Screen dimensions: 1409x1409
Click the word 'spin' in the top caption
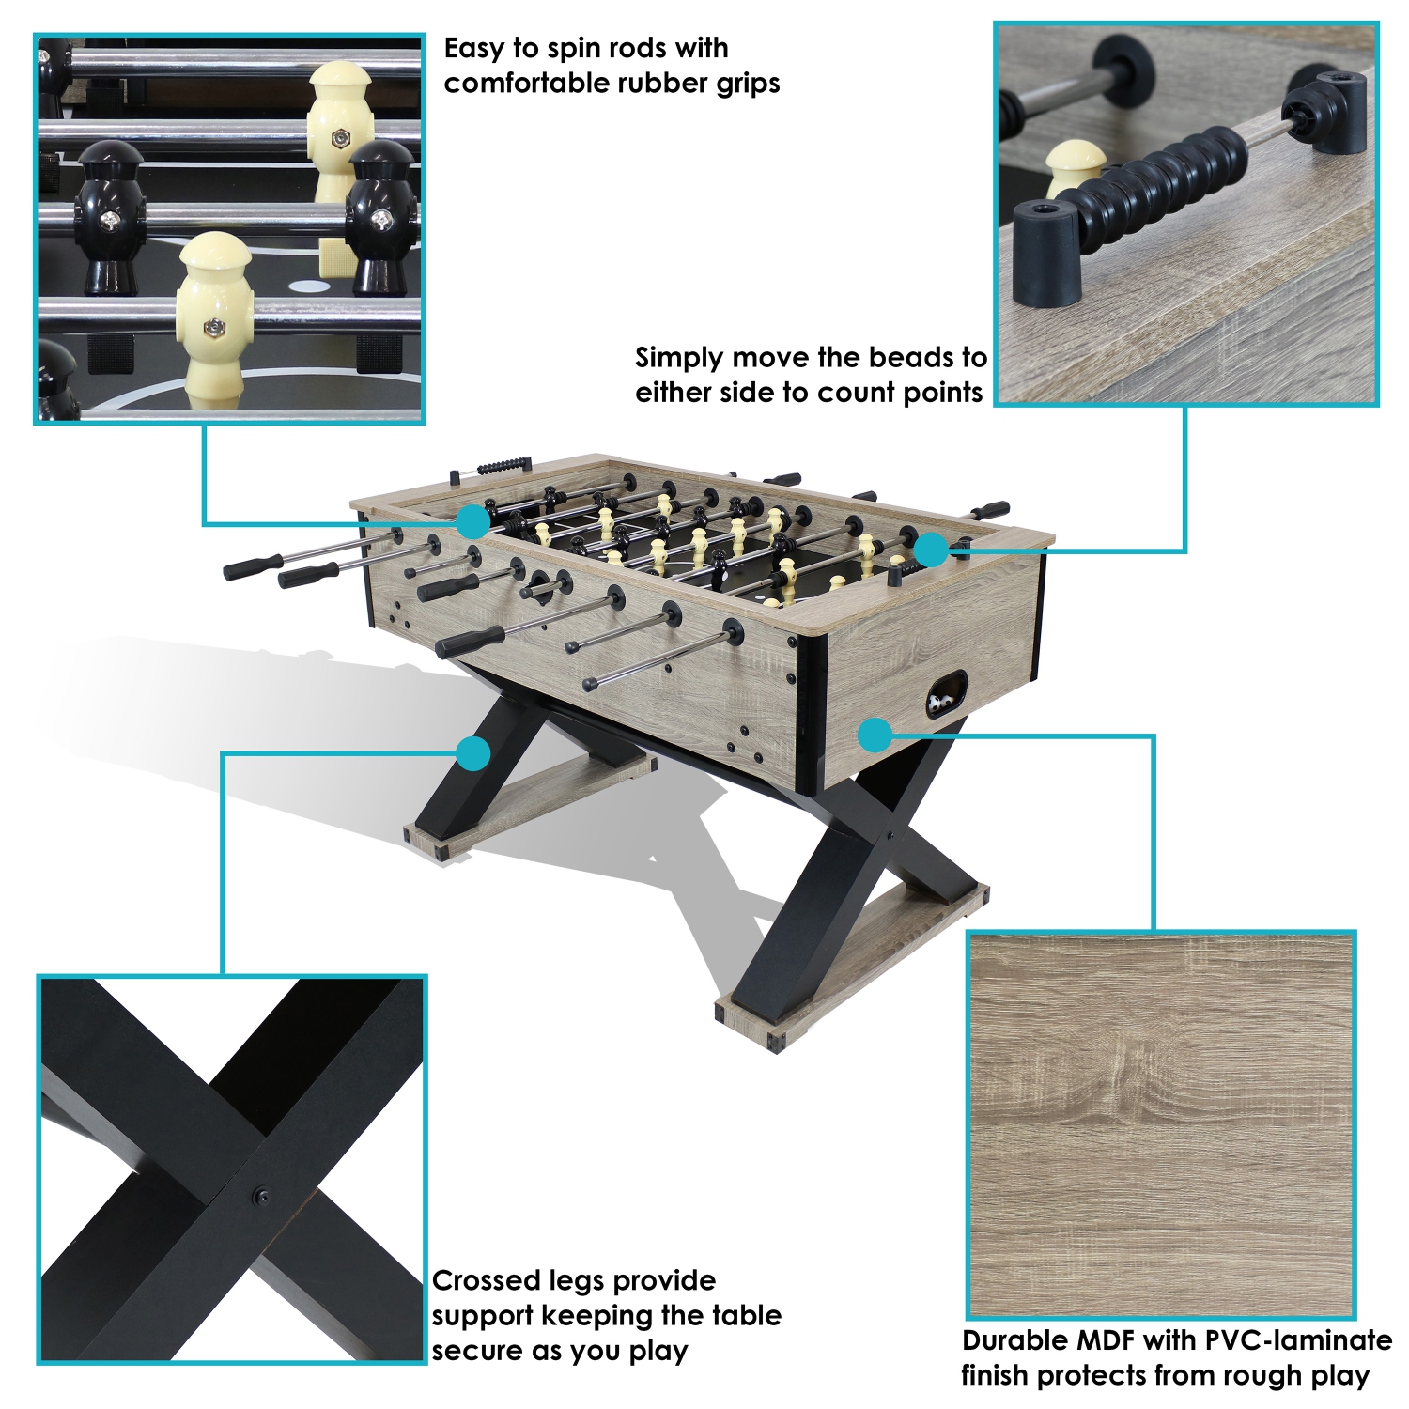(575, 49)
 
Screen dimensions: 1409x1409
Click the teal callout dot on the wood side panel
(875, 735)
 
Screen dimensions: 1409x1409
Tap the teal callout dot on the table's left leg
(474, 753)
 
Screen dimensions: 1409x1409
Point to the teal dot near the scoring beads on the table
(931, 550)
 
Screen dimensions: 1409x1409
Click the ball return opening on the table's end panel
(946, 693)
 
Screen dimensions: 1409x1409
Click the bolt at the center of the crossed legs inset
(259, 1196)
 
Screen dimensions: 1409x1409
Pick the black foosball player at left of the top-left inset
(109, 216)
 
